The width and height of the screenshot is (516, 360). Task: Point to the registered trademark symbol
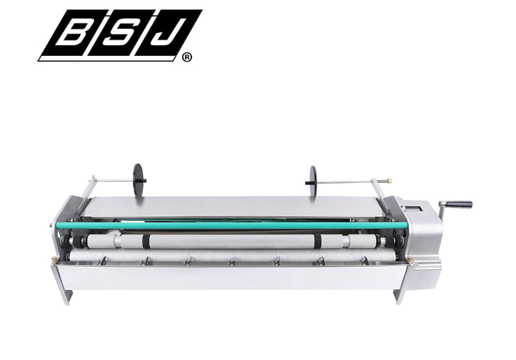point(187,58)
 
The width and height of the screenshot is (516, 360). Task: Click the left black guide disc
point(139,180)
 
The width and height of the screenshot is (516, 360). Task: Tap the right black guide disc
point(312,181)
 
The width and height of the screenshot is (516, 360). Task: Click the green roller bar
point(232,225)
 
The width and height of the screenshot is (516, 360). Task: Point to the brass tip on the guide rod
point(389,180)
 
